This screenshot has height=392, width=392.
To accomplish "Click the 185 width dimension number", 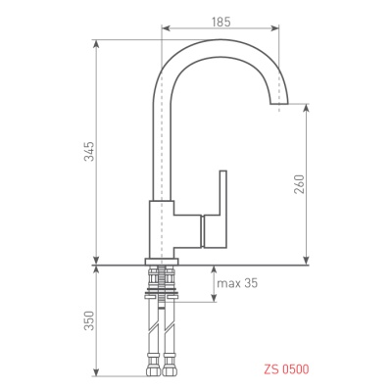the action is coord(221,22).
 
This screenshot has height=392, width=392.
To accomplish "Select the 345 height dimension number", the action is coord(89,151).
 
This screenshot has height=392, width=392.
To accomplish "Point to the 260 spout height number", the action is coord(299,184).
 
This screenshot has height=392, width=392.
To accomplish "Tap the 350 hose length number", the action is coord(89,320).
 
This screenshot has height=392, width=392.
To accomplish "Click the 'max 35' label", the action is coord(237,283).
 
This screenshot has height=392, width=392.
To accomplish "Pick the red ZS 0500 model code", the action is coord(286,369).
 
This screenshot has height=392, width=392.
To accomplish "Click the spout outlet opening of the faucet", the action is coord(279,104).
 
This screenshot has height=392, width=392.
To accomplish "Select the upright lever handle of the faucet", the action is coord(223,192).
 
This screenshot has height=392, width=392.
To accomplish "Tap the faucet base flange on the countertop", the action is coord(162,261).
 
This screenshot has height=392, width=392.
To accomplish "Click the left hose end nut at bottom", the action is coord(155,368).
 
